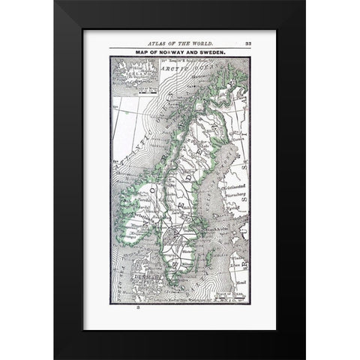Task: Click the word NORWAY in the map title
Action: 177,52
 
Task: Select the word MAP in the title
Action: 146,52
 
